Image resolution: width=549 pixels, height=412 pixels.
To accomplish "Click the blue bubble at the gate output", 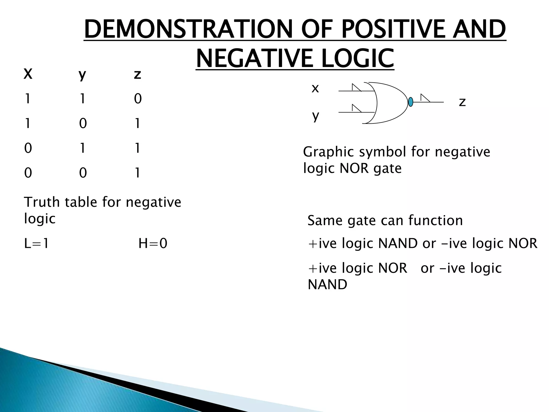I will [410, 102].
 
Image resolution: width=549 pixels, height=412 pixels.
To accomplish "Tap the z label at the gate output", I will [462, 102].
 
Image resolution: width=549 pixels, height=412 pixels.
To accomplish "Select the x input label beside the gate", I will [315, 88].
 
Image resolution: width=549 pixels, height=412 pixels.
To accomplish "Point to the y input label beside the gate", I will [316, 116].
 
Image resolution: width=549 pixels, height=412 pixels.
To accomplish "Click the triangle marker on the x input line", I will [356, 88].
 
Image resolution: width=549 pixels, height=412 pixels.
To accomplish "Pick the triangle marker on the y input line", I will [356, 109].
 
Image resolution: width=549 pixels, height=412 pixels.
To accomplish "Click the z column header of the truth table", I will [137, 74].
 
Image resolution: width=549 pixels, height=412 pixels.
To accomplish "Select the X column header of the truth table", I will [28, 74].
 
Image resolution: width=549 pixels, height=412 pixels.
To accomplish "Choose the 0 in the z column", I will [138, 99].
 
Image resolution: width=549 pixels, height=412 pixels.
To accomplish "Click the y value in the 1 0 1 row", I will [83, 124].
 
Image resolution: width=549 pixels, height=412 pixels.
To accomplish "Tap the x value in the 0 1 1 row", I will [28, 148].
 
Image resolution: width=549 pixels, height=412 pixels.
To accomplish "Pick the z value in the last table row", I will [137, 173].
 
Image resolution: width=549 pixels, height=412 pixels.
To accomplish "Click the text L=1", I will [36, 244].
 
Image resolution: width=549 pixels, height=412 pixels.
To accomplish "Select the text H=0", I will [153, 244].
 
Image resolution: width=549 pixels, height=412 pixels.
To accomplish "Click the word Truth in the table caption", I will [42, 202].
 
